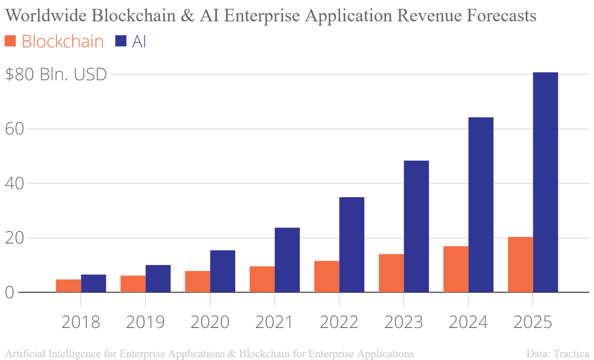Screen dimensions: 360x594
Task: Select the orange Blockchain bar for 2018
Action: pos(68,286)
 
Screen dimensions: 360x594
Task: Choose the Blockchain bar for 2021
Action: pos(262,279)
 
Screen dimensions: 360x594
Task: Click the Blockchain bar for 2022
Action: pos(326,276)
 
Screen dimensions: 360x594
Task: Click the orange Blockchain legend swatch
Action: pos(10,41)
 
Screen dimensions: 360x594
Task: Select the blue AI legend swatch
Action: pos(121,41)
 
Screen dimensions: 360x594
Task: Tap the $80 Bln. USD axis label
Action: pos(56,74)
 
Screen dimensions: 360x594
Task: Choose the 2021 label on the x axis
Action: pos(274,322)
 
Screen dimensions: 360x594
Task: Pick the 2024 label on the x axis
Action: pos(468,322)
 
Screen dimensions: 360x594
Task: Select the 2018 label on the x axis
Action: pos(81,322)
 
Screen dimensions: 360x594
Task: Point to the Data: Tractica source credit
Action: pos(558,354)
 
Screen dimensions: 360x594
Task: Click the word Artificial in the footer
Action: pos(26,354)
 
